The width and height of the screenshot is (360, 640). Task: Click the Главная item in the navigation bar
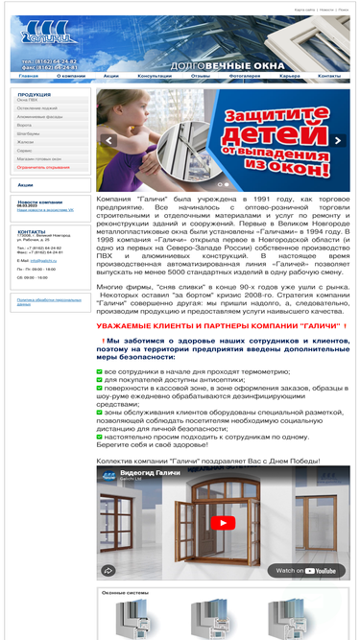29,75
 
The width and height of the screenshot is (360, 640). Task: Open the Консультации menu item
155,75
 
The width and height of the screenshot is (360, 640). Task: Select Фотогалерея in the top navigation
244,75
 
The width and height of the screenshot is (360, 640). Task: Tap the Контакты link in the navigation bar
329,75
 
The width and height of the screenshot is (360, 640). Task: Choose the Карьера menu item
290,75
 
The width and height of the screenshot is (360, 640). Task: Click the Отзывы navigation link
201,75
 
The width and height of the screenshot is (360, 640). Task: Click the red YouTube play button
223,523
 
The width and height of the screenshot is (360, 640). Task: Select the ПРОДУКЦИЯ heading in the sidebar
35,95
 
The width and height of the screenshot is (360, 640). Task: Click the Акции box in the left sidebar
26,184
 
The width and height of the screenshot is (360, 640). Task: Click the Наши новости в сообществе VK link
45,209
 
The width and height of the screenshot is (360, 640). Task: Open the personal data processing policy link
48,301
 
